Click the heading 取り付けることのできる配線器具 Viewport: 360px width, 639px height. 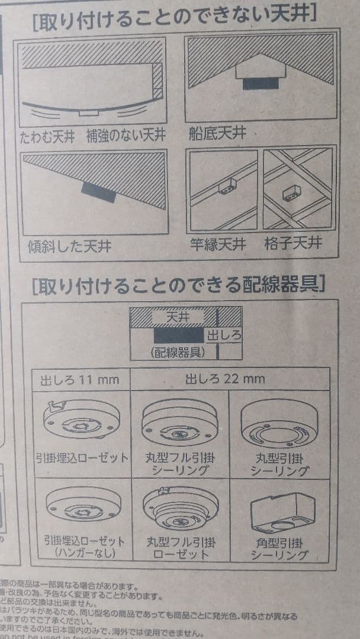(178, 286)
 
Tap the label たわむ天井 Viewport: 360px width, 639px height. (47, 137)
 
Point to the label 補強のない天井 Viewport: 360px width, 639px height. (126, 137)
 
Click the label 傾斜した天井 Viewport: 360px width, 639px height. (69, 246)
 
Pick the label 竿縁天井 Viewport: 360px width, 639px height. (218, 244)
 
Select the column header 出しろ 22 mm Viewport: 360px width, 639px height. (225, 379)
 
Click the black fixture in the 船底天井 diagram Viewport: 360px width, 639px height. (261, 83)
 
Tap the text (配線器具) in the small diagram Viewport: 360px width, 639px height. (176, 353)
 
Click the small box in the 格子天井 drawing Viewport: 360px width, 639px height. (290, 192)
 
